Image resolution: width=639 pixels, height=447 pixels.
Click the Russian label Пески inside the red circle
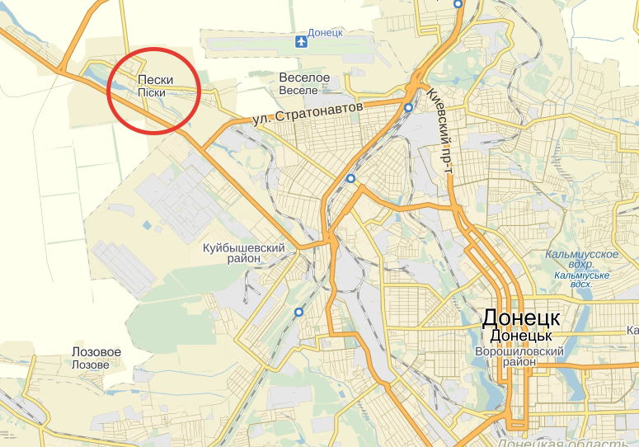tap(155, 80)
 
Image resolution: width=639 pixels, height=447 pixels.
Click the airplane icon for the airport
tap(300, 40)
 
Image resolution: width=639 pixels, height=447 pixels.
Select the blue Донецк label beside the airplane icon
tap(326, 33)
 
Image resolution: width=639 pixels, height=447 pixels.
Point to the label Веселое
tap(304, 78)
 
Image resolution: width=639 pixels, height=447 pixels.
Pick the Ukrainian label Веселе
tap(298, 89)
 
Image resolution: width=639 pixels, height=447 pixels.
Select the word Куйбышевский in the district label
tap(244, 247)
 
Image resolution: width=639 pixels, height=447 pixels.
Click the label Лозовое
tap(96, 352)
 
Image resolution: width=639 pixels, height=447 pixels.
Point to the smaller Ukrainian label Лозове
tap(91, 365)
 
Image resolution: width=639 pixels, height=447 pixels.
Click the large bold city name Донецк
tap(521, 318)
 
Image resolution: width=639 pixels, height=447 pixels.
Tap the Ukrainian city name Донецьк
tap(520, 336)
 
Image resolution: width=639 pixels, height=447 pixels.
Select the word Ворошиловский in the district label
tap(519, 351)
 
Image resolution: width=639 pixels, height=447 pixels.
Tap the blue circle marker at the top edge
tap(458, 3)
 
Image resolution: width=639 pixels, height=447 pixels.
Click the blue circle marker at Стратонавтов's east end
tap(408, 107)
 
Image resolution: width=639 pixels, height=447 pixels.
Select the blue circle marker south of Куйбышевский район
tap(298, 312)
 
